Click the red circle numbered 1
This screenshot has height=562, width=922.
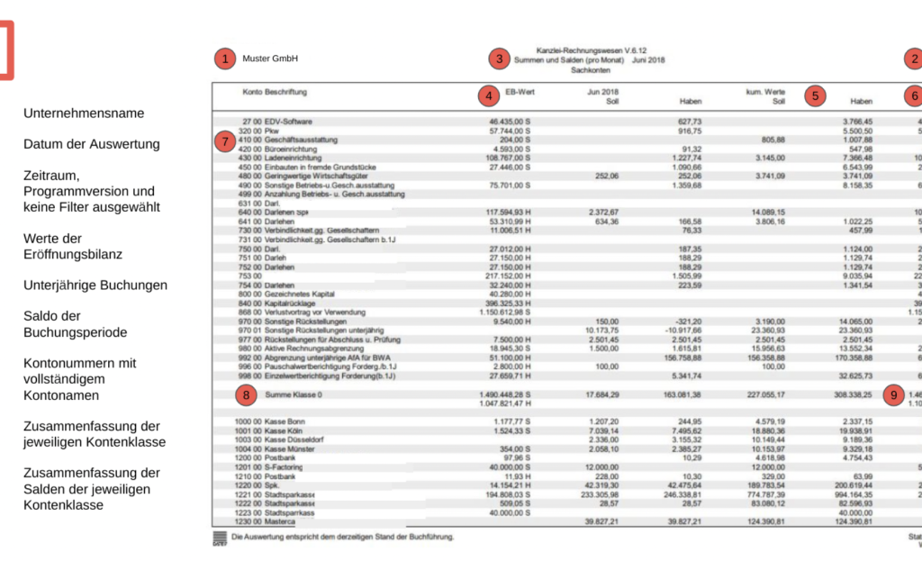pyautogui.click(x=223, y=59)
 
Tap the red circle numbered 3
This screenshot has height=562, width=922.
pyautogui.click(x=499, y=59)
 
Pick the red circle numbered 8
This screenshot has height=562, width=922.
pyautogui.click(x=244, y=394)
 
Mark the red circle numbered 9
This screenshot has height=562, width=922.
pyautogui.click(x=892, y=394)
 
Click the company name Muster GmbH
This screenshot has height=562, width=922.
pyautogui.click(x=270, y=59)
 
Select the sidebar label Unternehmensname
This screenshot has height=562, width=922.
pyautogui.click(x=84, y=113)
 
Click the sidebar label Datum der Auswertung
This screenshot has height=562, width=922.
pyautogui.click(x=92, y=144)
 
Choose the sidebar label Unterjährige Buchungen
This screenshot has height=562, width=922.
pyautogui.click(x=95, y=285)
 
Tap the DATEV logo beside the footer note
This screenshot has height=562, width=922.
pyautogui.click(x=220, y=538)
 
